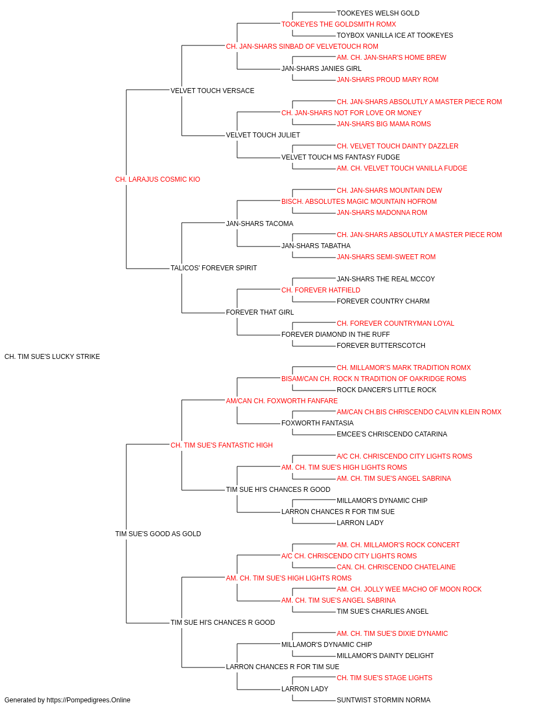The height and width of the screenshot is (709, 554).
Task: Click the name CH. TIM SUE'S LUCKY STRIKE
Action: (x=52, y=357)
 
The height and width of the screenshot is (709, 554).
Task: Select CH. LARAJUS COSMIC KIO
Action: (x=157, y=179)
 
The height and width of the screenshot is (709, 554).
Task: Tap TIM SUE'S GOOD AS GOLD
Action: (x=158, y=534)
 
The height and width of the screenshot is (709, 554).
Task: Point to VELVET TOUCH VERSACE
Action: (x=212, y=91)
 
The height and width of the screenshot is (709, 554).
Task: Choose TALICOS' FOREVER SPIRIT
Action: (x=214, y=268)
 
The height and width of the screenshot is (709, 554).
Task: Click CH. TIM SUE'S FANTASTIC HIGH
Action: (x=222, y=445)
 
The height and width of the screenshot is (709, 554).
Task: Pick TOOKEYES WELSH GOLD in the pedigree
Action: (x=378, y=13)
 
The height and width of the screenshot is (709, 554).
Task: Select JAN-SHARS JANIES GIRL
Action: (x=321, y=69)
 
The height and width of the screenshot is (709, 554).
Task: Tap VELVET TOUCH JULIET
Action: (x=263, y=135)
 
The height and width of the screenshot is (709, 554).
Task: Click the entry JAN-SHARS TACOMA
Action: (x=260, y=223)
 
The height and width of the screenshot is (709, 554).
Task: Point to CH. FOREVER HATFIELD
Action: (x=321, y=290)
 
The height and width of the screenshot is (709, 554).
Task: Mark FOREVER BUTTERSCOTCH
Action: (x=381, y=346)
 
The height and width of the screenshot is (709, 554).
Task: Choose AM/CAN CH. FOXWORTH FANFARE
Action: (x=282, y=400)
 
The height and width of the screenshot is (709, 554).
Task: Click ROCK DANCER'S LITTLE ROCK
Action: (x=386, y=389)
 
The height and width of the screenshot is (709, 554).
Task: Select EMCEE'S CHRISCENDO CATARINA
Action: (x=392, y=434)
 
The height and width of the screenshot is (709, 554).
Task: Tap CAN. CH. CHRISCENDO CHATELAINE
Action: (x=396, y=567)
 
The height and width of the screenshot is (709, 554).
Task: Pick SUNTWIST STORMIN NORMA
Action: (x=384, y=700)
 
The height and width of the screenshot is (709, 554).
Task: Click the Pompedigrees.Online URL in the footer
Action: (x=89, y=700)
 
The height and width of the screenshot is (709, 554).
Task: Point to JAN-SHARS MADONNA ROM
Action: (x=382, y=212)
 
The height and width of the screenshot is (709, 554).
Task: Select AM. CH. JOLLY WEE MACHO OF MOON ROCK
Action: (x=409, y=589)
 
